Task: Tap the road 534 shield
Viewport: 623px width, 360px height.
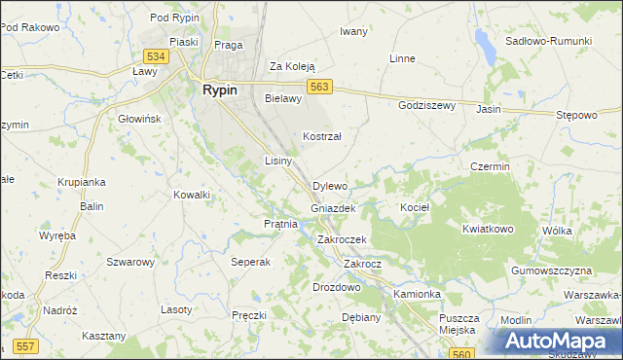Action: tap(155, 57)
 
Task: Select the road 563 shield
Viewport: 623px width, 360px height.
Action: tap(322, 87)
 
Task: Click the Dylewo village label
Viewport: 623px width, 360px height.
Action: tap(330, 186)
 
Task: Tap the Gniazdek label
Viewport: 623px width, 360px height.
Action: tap(333, 208)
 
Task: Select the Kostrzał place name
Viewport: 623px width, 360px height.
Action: tap(321, 137)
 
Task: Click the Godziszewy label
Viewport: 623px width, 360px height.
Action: tap(426, 105)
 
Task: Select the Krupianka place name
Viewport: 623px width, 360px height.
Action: tap(81, 182)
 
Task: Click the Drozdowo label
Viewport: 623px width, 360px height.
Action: tap(337, 288)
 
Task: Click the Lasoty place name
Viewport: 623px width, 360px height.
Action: tap(176, 308)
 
